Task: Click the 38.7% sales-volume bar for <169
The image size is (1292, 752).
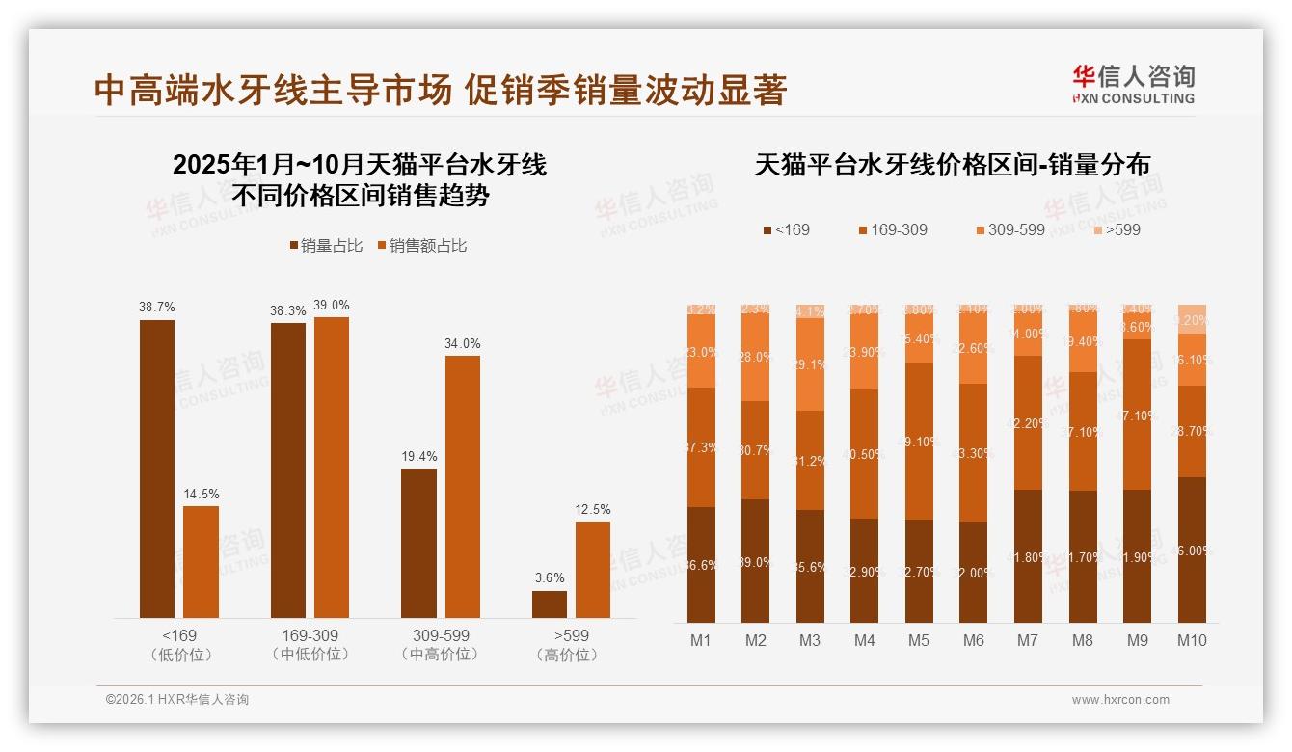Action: [157, 469]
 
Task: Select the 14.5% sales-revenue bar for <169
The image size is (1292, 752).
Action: [201, 561]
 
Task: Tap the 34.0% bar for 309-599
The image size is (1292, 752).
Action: [462, 487]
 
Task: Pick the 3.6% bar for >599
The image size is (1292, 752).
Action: [550, 604]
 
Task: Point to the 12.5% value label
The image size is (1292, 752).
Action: [593, 509]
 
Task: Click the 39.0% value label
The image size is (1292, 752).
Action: [332, 305]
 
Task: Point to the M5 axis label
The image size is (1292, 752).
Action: [919, 640]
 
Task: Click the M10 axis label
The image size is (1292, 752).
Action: [1192, 640]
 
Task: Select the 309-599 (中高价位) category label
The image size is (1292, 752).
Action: [441, 645]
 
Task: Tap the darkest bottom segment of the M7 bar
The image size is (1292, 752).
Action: [1028, 556]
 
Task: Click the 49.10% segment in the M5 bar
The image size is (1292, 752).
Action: [920, 441]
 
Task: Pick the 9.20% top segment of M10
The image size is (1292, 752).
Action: [1192, 319]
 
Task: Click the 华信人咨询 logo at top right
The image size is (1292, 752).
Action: [1133, 83]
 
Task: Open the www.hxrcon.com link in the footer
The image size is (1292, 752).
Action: [1120, 700]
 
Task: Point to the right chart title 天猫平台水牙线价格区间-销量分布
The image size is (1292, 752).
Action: [952, 165]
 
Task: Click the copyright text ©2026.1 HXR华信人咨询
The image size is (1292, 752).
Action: [177, 700]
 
